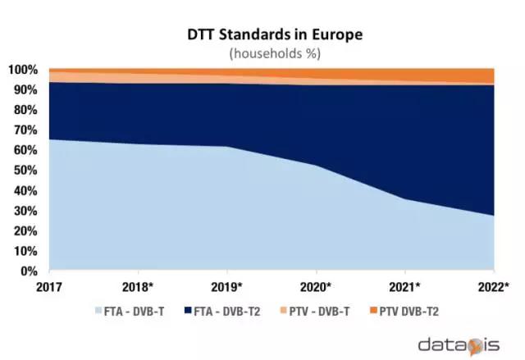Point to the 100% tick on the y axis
pyautogui.click(x=24, y=70)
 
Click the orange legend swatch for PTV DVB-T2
pyautogui.click(x=381, y=312)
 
